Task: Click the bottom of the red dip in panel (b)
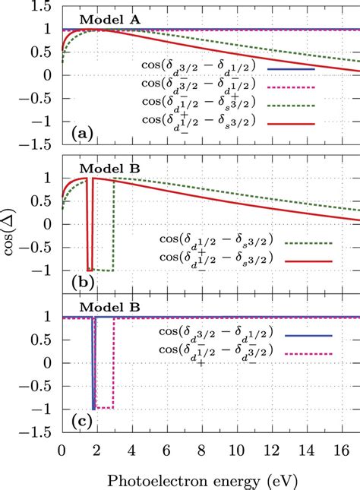(90, 270)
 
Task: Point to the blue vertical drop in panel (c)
(93, 365)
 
